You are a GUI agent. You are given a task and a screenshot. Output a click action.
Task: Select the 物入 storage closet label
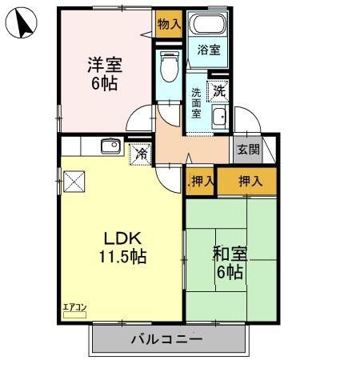[x=168, y=25]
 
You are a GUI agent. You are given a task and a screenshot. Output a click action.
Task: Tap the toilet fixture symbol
[x=168, y=67]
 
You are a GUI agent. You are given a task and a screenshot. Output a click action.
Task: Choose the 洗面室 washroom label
[x=196, y=103]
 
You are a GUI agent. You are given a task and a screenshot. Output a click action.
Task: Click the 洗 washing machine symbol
[x=218, y=92]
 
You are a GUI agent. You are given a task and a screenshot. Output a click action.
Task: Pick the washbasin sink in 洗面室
[x=219, y=119]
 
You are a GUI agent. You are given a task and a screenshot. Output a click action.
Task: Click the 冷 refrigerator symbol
[x=141, y=153]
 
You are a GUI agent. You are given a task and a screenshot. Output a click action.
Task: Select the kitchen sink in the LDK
[x=110, y=146]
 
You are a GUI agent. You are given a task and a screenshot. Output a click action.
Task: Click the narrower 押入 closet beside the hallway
[x=202, y=182]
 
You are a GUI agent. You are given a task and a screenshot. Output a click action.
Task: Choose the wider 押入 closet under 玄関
[x=250, y=182]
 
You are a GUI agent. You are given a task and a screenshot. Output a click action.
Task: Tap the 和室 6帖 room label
[x=230, y=262]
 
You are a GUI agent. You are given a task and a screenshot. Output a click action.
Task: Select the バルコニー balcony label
[x=166, y=339]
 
